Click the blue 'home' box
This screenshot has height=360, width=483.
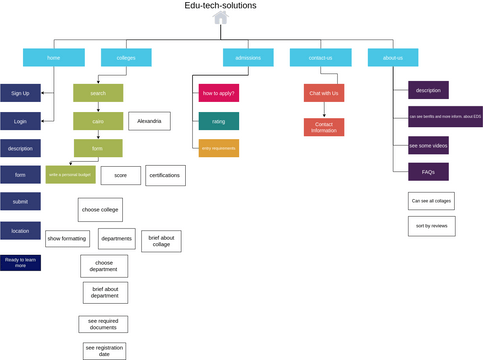(x=53, y=58)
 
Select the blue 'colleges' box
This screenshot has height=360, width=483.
(x=126, y=58)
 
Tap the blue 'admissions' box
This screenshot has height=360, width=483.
(x=248, y=58)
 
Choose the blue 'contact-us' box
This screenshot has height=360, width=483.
(x=320, y=58)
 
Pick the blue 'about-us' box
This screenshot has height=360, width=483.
(x=393, y=58)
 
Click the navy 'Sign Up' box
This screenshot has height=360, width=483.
(x=20, y=93)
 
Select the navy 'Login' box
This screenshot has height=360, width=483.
(x=20, y=121)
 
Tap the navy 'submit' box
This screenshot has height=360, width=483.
(x=20, y=202)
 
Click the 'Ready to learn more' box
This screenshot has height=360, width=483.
(x=20, y=263)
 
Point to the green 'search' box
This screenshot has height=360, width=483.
(x=98, y=93)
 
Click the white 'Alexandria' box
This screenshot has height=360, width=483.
(x=149, y=121)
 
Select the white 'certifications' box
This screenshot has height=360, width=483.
(x=165, y=175)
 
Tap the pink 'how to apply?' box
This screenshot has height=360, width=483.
(x=219, y=93)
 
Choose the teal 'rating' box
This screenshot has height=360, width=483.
(x=219, y=121)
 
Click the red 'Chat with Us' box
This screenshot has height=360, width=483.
(x=324, y=93)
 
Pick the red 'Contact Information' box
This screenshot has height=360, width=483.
(x=324, y=127)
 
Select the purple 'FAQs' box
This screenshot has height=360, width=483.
(x=428, y=172)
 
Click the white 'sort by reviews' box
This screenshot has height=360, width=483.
(x=431, y=227)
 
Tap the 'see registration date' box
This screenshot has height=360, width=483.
(x=104, y=351)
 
